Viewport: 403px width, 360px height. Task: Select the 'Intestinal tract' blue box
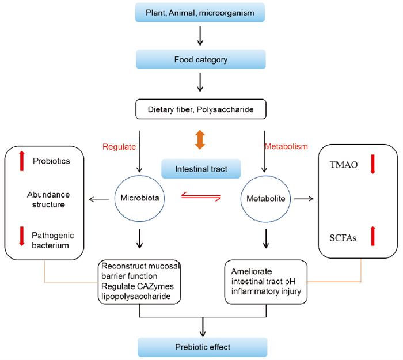(199, 169)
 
